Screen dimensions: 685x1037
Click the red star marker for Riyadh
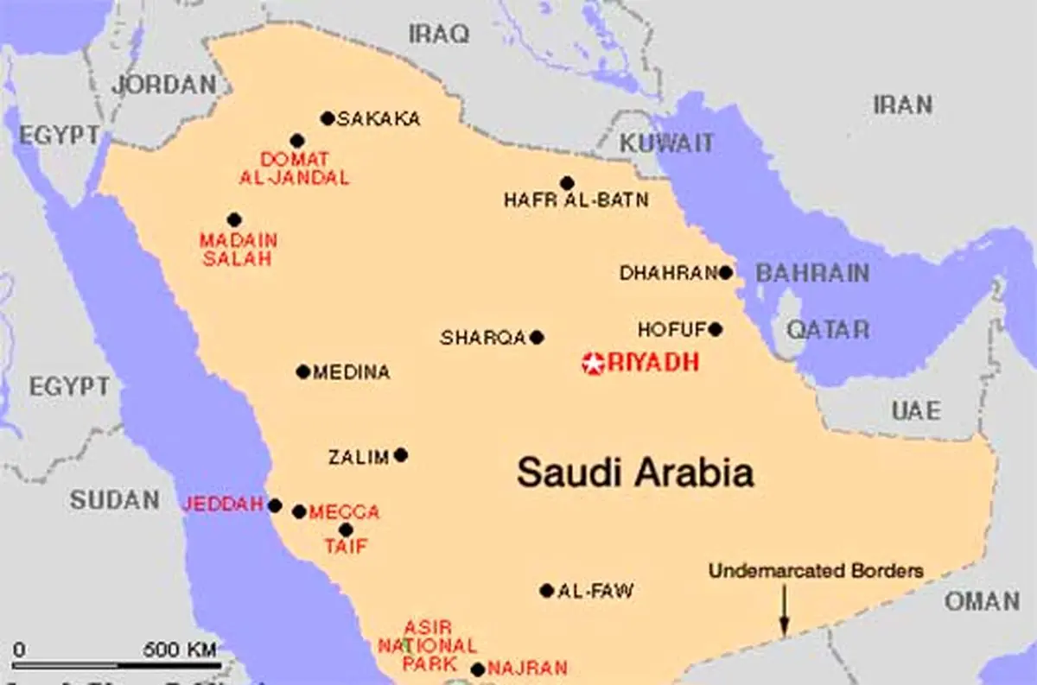[594, 364]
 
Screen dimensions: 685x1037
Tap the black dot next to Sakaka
[327, 118]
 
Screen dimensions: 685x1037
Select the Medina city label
[351, 372]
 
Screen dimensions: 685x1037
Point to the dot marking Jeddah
[275, 505]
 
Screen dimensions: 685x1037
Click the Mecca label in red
[344, 512]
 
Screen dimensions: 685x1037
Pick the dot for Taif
[346, 530]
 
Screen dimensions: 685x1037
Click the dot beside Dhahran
[725, 273]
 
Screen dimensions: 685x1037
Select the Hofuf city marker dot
[715, 329]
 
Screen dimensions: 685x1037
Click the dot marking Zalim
[400, 454]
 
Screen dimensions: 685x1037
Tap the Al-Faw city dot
[546, 591]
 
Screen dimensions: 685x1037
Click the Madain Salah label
[236, 249]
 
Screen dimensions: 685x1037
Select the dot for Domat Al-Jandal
[297, 140]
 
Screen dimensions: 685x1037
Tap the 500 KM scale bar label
[180, 649]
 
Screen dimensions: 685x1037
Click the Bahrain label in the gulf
[812, 274]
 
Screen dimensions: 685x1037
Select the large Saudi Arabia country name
[635, 473]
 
